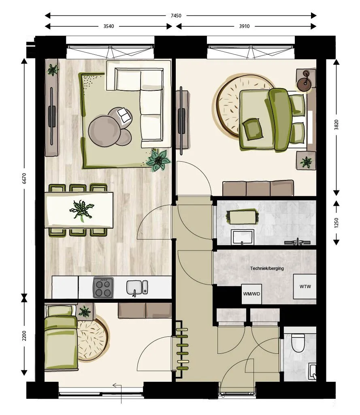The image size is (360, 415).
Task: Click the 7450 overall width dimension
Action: [x=176, y=16]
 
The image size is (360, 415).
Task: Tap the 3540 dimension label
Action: [x=109, y=26]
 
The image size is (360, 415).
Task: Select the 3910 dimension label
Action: [x=245, y=26]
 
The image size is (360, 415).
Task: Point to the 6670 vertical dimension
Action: [x=24, y=178]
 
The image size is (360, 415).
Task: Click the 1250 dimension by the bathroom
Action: [x=337, y=222]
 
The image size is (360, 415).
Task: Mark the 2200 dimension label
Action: [x=24, y=336]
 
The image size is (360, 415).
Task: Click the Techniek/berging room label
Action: [x=267, y=268]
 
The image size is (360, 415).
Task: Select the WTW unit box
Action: [x=305, y=287]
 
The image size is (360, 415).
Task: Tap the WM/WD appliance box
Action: [x=251, y=294]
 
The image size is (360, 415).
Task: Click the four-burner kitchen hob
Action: [x=103, y=288]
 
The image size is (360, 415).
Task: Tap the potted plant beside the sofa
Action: [x=158, y=160]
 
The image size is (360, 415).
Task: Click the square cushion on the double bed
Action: [x=253, y=129]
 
